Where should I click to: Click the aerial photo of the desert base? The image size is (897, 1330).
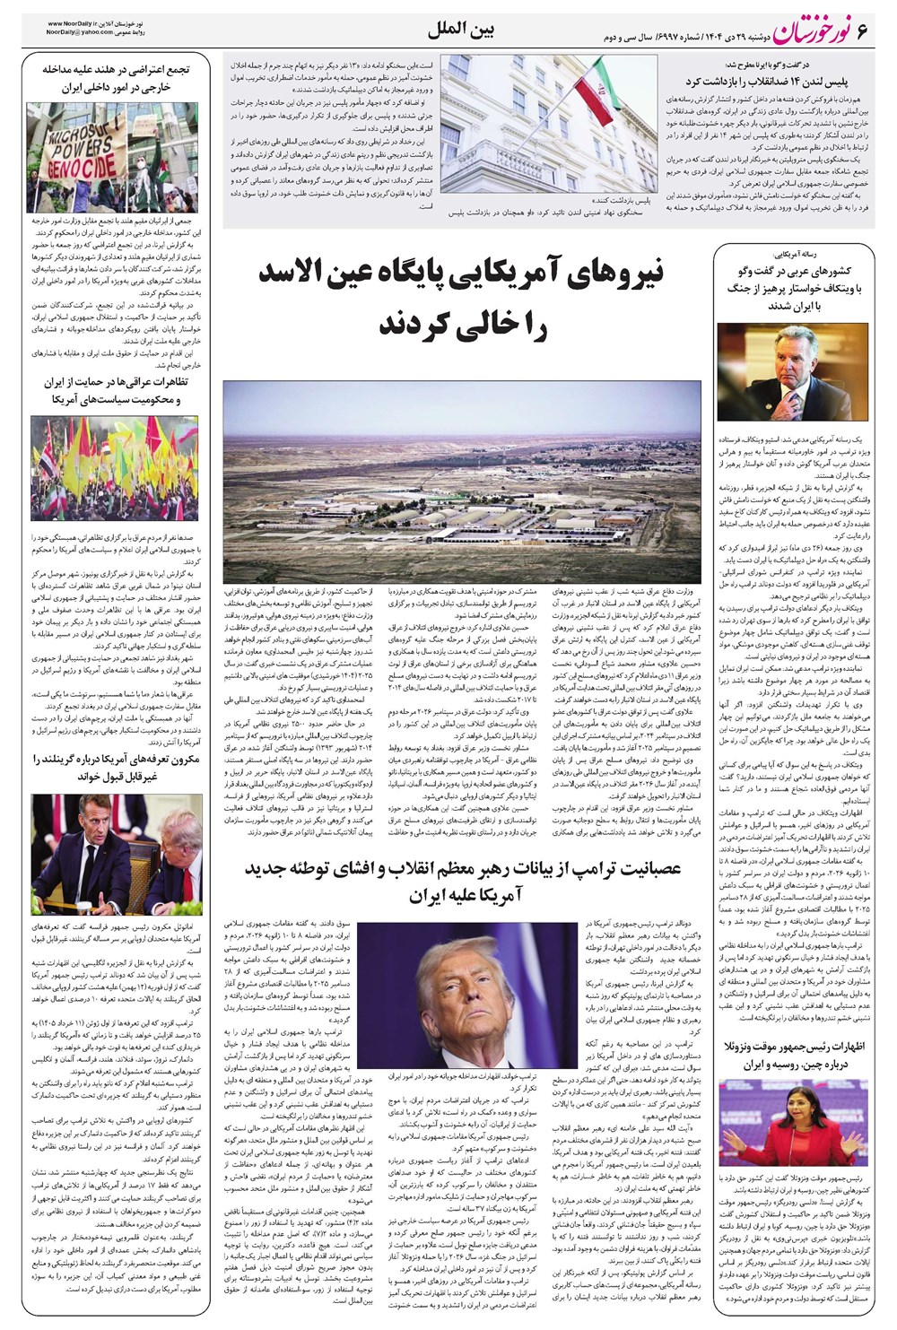(x=462, y=482)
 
